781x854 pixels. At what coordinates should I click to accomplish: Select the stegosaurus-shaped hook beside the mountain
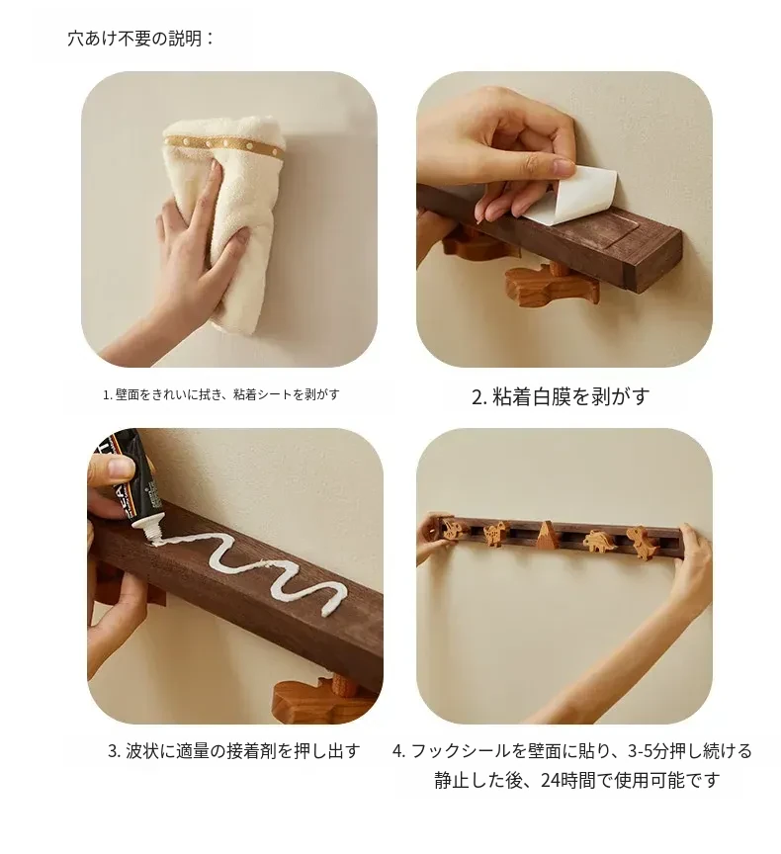tap(599, 542)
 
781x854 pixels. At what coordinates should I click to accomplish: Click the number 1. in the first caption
tap(108, 394)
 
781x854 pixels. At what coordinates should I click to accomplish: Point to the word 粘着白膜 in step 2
tap(532, 396)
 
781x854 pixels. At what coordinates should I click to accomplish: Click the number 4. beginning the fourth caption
tap(399, 751)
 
